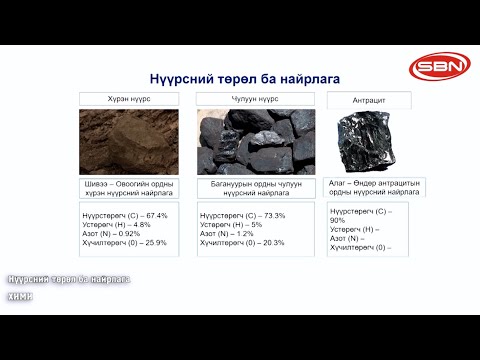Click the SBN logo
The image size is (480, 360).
436,69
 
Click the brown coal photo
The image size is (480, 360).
131,140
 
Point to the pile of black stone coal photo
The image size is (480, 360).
256,140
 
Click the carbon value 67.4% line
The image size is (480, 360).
124,215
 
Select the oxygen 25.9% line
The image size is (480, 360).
125,242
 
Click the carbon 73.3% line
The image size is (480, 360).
242,215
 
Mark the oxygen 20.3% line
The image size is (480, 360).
242,242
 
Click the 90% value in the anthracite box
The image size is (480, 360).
339,220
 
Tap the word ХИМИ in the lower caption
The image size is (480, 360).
21,296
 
